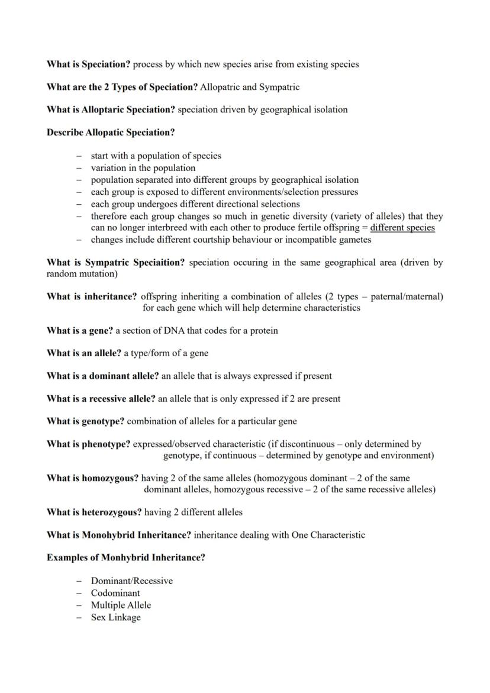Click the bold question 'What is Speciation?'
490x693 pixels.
88,64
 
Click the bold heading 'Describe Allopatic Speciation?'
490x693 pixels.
111,133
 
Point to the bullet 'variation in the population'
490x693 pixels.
143,168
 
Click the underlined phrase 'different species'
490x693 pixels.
402,228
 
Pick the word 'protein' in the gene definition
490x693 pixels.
263,330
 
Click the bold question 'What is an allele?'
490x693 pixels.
84,353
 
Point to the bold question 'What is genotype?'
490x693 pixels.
85,421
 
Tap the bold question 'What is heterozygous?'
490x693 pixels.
94,513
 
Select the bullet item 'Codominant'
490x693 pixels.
115,593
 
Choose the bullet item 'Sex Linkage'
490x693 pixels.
115,618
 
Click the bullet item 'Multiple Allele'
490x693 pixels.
121,605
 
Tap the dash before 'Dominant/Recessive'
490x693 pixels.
79,581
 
